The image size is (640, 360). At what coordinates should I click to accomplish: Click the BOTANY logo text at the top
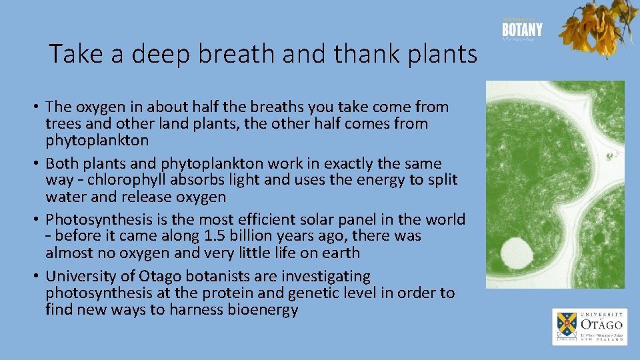click(x=522, y=30)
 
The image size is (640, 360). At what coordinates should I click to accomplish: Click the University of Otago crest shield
click(x=566, y=326)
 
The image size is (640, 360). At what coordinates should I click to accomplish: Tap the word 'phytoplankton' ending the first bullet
click(x=97, y=141)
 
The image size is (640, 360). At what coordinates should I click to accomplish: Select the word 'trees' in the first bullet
click(x=62, y=124)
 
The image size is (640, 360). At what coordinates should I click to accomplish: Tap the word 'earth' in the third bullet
click(x=341, y=253)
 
